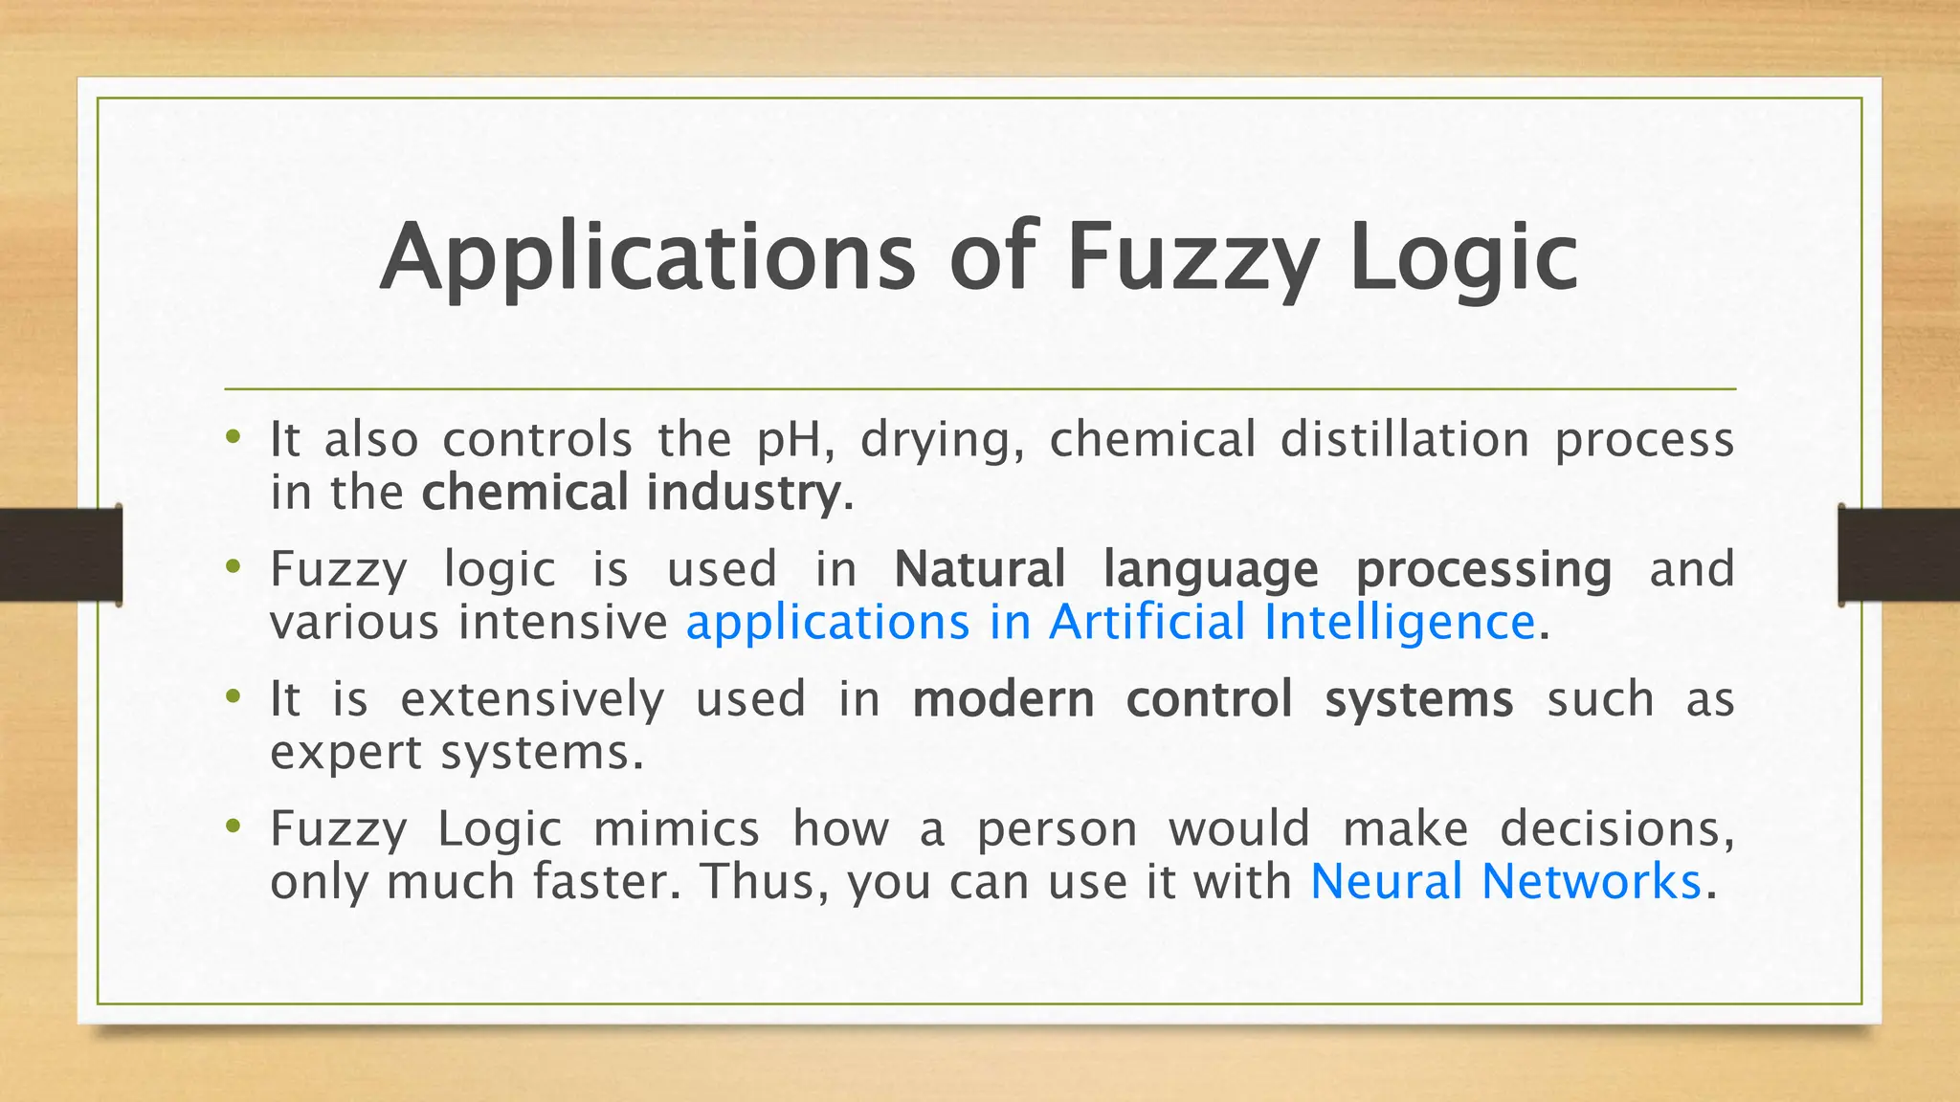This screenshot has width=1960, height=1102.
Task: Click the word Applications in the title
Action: click(647, 258)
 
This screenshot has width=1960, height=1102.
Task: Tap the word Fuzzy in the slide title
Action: click(1191, 258)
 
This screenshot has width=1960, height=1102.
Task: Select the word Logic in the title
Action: click(1463, 258)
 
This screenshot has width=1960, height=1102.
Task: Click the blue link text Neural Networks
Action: click(1505, 881)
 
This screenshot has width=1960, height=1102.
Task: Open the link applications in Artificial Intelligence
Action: click(1110, 622)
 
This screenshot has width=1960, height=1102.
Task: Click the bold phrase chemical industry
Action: click(632, 493)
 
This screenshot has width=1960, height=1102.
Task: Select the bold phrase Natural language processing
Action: click(1253, 569)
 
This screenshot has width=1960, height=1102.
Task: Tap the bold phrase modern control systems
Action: click(1213, 699)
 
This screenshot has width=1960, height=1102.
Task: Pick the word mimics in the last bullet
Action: click(676, 828)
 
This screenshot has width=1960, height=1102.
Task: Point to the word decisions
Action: click(1616, 828)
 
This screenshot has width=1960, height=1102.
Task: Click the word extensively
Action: click(532, 699)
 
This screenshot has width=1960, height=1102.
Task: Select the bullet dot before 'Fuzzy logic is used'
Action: click(233, 567)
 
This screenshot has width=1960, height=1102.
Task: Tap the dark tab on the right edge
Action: click(1899, 555)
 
